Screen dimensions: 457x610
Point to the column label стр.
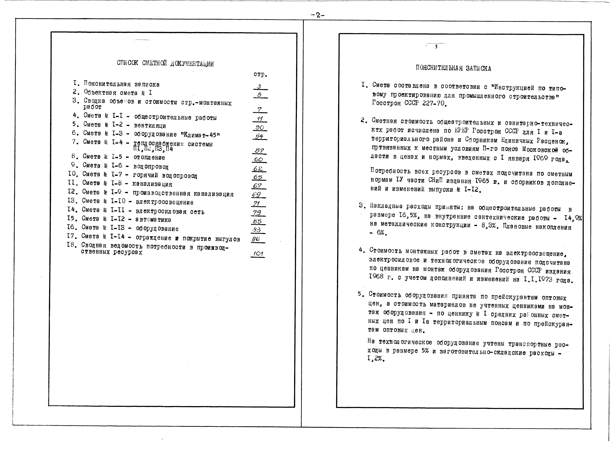click(x=260, y=74)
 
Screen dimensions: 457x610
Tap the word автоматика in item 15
click(x=153, y=220)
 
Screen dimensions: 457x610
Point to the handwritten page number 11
click(x=259, y=119)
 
